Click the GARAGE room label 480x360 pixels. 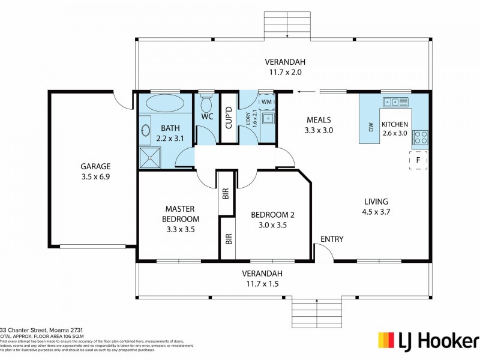[96, 166]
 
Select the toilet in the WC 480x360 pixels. [207, 103]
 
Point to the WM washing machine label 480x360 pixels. [266, 103]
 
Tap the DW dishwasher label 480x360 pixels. [370, 127]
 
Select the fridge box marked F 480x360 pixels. [418, 161]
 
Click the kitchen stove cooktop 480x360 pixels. [420, 138]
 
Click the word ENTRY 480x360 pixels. [332, 239]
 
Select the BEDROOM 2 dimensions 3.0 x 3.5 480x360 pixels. [272, 226]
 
